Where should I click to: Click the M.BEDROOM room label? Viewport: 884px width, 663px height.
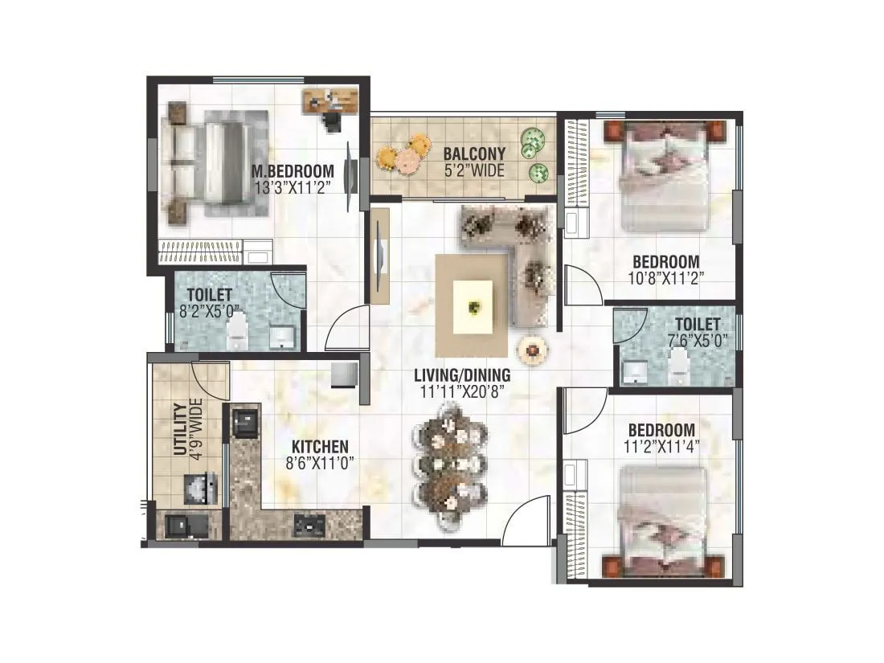[292, 170]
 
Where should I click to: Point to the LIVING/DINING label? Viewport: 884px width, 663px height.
[462, 375]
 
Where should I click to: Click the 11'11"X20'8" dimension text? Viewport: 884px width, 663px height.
[462, 391]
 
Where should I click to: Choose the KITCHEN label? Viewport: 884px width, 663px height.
[320, 447]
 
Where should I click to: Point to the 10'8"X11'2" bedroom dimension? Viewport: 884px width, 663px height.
[665, 278]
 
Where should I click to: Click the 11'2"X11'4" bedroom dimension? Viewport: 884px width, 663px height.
[661, 445]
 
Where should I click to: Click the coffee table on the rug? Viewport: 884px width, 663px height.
[474, 305]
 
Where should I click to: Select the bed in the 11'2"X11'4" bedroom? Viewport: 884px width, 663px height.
[663, 521]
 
